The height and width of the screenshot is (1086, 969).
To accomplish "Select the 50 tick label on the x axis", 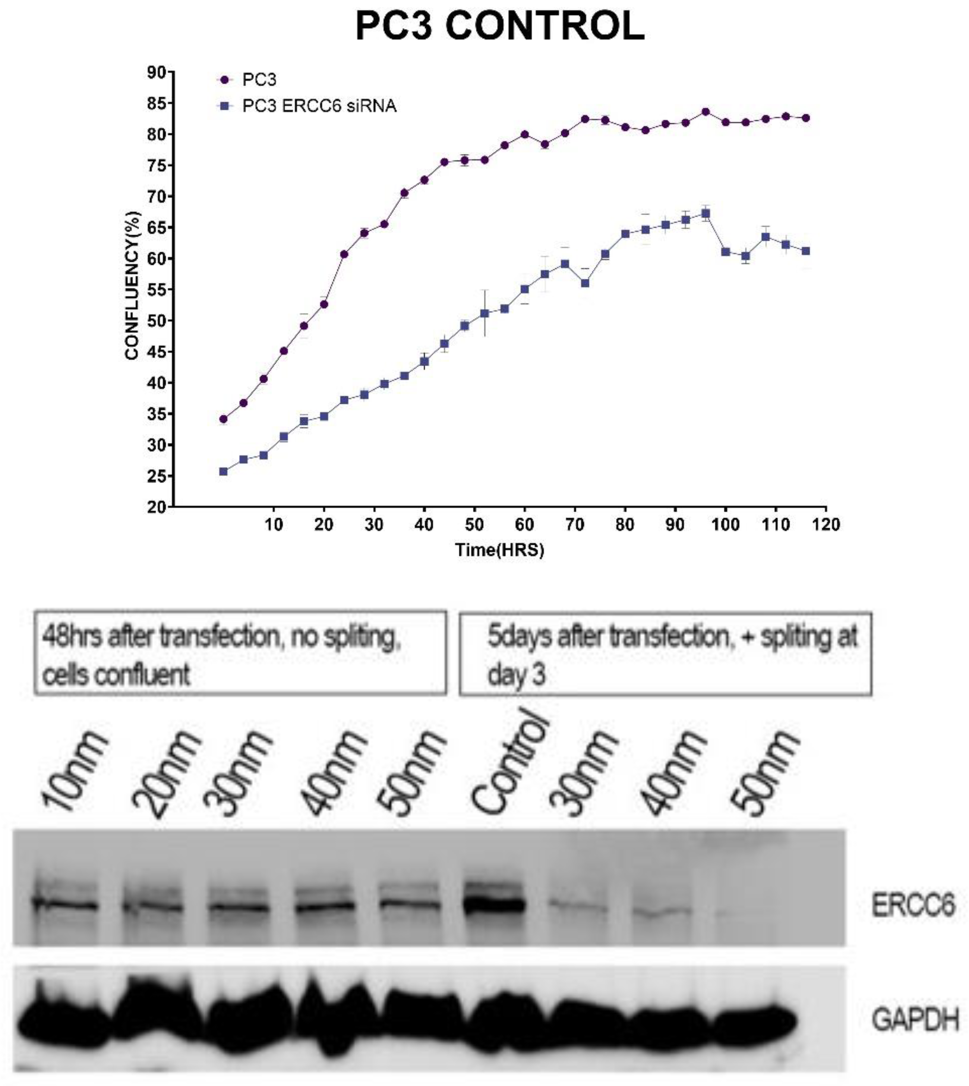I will click(474, 525).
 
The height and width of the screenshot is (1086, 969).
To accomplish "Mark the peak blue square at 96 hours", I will click(706, 214).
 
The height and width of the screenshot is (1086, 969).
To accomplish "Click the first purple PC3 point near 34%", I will click(224, 419).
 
